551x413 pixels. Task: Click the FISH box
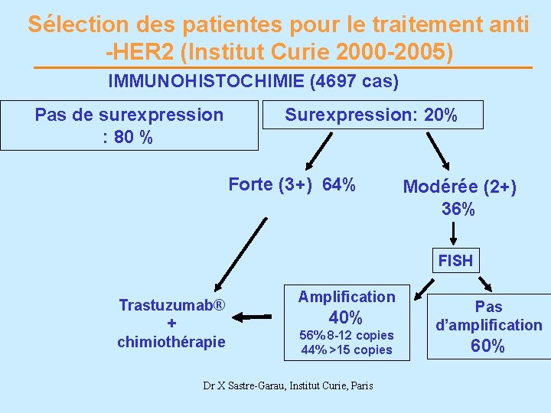point(455,261)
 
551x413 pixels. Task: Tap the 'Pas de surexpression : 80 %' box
point(129,125)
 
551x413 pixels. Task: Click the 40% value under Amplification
point(345,317)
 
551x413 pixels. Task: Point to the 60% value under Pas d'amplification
point(487,346)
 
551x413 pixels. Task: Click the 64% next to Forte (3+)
point(339,184)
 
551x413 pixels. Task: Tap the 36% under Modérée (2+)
point(458,209)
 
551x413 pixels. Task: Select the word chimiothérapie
point(171,342)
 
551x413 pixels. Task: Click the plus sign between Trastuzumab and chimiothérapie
point(171,324)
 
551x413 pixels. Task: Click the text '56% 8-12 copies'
point(347,335)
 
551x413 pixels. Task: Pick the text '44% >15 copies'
point(347,350)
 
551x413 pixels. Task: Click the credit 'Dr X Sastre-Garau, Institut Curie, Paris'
point(288,385)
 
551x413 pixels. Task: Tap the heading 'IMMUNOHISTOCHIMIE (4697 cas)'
point(253,80)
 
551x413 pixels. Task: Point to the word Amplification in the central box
point(347,296)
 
